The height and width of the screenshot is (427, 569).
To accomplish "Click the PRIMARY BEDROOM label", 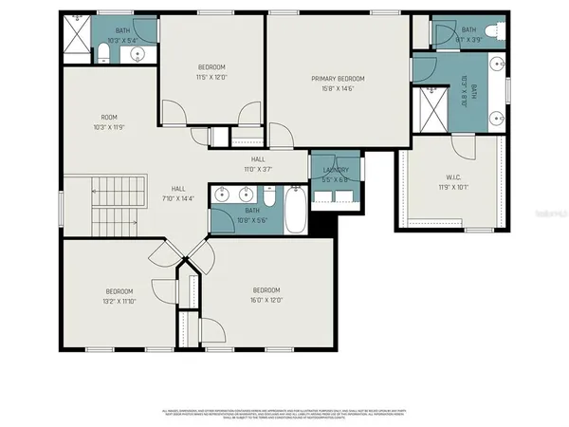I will click(x=338, y=79).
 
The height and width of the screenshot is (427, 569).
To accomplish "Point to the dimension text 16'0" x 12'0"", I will click(x=266, y=301).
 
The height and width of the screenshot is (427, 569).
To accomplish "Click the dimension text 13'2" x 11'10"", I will click(x=119, y=301).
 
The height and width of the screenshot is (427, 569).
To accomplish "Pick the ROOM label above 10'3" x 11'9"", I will click(x=109, y=118).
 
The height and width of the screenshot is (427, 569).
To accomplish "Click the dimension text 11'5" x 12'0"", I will click(x=211, y=77).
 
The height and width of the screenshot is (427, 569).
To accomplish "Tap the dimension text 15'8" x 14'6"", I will click(x=338, y=89).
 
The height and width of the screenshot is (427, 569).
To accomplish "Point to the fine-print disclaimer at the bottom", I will click(x=284, y=415).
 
